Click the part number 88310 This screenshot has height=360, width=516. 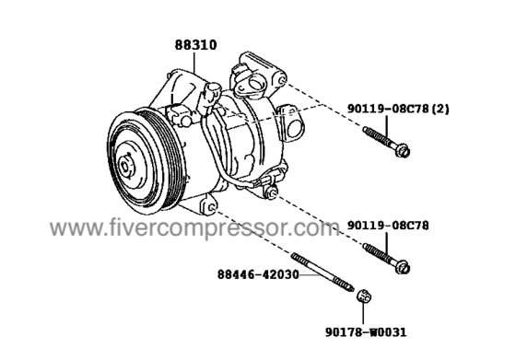point(195,45)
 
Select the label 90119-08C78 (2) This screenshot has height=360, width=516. point(398,109)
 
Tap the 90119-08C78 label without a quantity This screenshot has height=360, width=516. point(388,226)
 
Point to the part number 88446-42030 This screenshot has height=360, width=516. point(258,274)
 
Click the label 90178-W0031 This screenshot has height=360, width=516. point(366,332)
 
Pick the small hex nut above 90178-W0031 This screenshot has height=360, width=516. point(364,296)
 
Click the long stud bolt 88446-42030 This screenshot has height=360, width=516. point(322,272)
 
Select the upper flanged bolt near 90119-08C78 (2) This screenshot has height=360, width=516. point(386,142)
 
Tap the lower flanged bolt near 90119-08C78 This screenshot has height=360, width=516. point(386,259)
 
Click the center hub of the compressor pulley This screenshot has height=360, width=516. point(126,167)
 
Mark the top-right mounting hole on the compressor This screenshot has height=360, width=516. point(282,80)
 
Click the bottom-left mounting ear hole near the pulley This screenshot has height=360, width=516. point(212,208)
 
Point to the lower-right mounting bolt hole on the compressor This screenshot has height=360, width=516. point(272,192)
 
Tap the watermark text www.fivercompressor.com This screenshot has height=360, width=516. point(194,227)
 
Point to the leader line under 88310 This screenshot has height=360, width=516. point(194,62)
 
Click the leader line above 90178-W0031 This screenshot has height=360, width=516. point(363,314)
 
